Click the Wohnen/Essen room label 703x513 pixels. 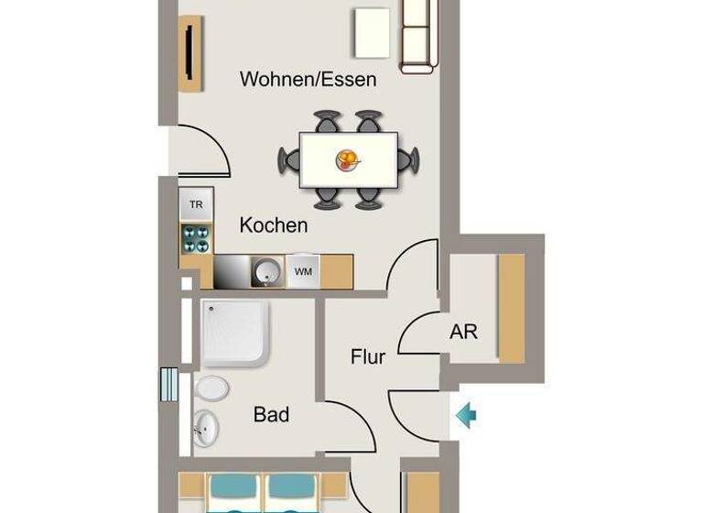coord(308,80)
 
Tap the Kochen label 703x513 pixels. coord(274,224)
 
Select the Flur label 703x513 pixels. coord(368,357)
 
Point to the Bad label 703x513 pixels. coord(271,415)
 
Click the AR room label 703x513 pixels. coord(463,332)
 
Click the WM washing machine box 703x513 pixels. coord(302,271)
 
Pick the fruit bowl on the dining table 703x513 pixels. coord(348,161)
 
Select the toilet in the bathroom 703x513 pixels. coord(211,388)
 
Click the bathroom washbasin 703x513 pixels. coord(206,427)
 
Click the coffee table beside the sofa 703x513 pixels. coord(372,32)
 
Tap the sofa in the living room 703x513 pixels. coord(416,35)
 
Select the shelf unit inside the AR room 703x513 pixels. coord(511,308)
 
